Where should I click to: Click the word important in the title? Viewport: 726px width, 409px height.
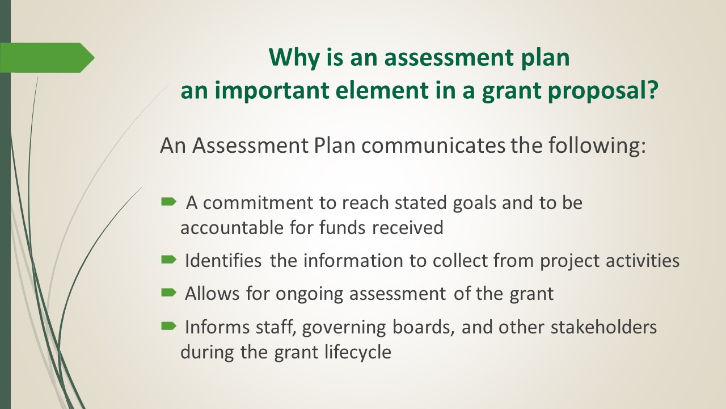point(272,91)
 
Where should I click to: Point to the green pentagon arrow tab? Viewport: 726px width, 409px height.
point(47,57)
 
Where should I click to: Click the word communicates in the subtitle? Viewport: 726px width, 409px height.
point(433,145)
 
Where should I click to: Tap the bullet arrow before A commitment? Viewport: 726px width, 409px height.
point(168,202)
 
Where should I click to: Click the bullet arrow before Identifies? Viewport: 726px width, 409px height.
point(168,260)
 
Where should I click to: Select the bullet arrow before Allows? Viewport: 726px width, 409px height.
point(168,293)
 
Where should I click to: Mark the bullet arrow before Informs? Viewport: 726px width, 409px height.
point(168,325)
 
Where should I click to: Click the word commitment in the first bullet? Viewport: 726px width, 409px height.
point(258,203)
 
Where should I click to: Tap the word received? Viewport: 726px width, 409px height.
point(408,228)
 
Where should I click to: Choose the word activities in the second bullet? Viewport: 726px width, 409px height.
point(643,261)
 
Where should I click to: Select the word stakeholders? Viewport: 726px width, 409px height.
point(604,327)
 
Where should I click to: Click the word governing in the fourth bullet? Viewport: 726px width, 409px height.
point(344,328)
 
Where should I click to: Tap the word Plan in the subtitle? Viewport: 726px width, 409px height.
point(335,145)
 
